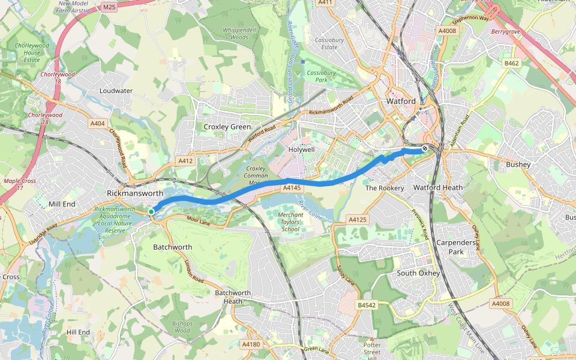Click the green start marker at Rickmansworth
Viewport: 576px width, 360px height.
click(151, 211)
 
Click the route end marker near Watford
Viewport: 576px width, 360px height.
click(425, 148)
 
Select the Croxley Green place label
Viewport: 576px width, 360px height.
click(227, 127)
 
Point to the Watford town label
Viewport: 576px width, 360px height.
click(401, 101)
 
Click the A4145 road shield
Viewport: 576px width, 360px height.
click(291, 188)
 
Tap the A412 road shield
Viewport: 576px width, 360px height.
click(185, 161)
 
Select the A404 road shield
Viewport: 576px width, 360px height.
click(97, 124)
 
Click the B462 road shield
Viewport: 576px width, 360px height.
click(511, 63)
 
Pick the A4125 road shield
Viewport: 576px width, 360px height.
click(358, 220)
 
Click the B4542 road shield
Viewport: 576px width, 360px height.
click(366, 305)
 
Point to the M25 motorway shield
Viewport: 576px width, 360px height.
click(109, 7)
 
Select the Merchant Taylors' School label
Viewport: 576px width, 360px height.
click(290, 222)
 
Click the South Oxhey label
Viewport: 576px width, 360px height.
click(419, 274)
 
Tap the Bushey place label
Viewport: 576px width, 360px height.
click(518, 164)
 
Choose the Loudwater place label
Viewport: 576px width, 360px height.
click(116, 91)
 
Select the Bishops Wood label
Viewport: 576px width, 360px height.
click(182, 327)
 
